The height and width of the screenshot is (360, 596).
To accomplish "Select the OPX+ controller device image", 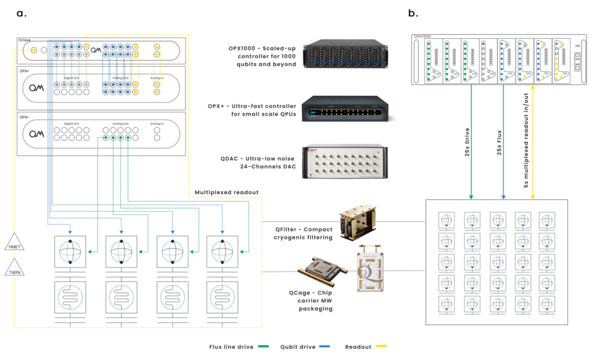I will [x=346, y=109].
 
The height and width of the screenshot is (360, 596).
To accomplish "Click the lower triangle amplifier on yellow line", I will [x=15, y=269].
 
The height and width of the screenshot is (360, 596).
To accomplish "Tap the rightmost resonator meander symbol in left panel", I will [x=222, y=297].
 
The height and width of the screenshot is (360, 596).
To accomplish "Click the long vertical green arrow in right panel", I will [x=470, y=145].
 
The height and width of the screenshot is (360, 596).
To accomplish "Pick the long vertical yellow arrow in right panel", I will [x=532, y=145].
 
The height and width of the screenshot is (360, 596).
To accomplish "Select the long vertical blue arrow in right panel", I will [x=503, y=145].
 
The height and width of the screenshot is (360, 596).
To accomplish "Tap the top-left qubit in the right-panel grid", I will [x=447, y=220].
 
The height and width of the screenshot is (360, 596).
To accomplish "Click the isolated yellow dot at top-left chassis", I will [x=34, y=50].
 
